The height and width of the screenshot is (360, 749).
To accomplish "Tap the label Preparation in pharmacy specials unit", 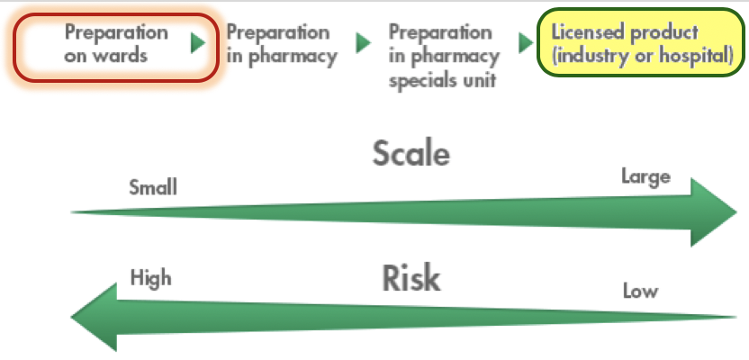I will pos(444,55).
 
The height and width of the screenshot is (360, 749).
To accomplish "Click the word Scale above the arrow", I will pos(411,155).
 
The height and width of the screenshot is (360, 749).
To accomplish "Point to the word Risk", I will pos(411,279).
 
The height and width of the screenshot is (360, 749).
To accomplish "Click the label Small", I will pos(153,187).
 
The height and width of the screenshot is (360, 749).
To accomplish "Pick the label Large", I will pos(645,176).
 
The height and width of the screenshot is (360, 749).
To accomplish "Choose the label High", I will pos(150,277).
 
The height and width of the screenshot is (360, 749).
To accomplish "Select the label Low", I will pos(640,291).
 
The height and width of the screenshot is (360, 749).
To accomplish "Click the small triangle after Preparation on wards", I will pos(199,43).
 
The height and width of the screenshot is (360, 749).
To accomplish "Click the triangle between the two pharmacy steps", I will pos(364,43).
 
